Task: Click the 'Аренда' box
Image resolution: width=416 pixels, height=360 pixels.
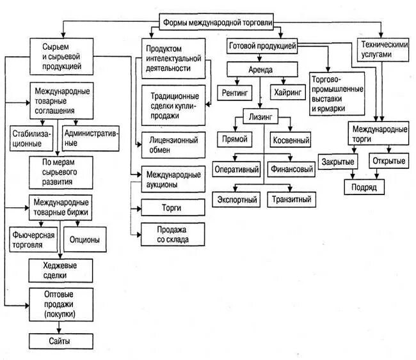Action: [261, 70]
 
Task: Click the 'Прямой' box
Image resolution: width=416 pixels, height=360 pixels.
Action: [234, 139]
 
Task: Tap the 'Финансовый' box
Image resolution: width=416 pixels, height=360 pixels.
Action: [291, 170]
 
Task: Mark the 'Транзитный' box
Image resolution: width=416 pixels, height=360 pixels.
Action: [291, 200]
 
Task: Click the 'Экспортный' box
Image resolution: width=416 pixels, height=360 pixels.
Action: [236, 200]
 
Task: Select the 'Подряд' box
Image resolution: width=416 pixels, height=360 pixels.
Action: [364, 187]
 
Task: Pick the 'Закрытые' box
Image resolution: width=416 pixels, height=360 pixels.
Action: [338, 161]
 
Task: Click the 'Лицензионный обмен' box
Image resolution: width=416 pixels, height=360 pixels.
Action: [173, 143]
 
